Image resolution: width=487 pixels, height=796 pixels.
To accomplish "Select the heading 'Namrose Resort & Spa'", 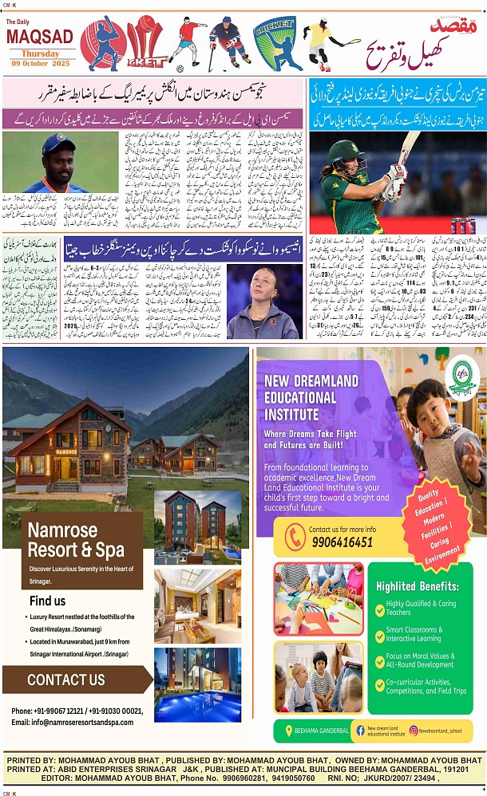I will coord(76,540).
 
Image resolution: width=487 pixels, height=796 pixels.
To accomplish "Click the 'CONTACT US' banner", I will coord(65,680).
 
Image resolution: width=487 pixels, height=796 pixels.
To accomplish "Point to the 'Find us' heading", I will coord(48,601).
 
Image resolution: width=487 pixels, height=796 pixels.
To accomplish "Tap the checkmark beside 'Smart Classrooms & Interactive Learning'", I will coord(380,634).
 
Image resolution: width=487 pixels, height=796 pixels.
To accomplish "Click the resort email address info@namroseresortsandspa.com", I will coord(73,723).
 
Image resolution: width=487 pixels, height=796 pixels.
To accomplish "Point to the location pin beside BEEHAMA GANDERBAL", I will coord(289,731).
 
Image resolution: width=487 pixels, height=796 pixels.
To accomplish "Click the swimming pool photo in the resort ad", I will coord(197,684).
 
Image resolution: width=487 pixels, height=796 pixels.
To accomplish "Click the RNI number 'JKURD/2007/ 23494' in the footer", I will coord(398,778).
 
